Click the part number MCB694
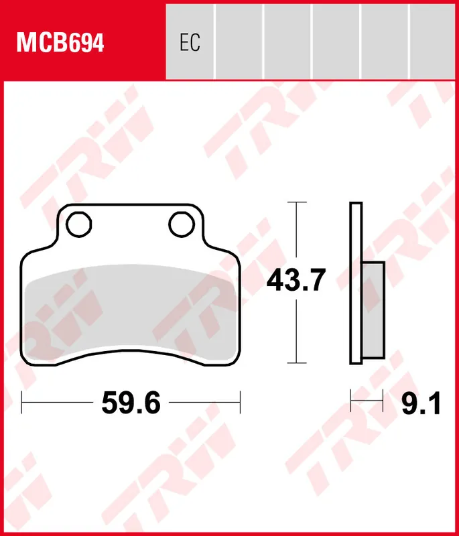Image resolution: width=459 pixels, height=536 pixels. [60, 44]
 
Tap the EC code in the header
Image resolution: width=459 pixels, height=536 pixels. [190, 44]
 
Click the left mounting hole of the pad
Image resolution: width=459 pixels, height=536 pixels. [80, 224]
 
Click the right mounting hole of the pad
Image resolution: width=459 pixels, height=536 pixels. [181, 224]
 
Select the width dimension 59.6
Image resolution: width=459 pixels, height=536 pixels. [131, 403]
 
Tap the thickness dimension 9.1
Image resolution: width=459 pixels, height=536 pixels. [421, 403]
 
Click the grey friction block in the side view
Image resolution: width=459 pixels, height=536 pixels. [373, 312]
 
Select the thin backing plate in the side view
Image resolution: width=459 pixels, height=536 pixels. [356, 283]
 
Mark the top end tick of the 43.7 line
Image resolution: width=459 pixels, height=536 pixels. [296, 202]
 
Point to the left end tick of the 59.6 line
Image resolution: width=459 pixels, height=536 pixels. [23, 403]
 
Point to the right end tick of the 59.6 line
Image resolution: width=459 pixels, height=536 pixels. [240, 403]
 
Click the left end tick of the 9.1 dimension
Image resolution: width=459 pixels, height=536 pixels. [351, 403]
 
